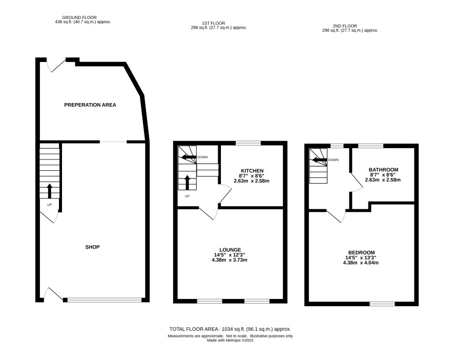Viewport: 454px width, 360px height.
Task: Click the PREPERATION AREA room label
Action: pos(90,105)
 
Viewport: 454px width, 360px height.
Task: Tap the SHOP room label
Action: pos(92,247)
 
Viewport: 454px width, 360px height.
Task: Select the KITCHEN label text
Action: pos(252,171)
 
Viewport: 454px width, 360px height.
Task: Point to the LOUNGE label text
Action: pos(230,250)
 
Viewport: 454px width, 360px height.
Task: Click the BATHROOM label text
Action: pos(383,170)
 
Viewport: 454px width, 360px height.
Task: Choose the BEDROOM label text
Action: pos(361,252)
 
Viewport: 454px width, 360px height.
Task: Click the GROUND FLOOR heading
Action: pos(79,17)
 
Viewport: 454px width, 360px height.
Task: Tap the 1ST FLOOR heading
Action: pos(213,23)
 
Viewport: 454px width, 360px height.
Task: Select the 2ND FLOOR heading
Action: pos(345,26)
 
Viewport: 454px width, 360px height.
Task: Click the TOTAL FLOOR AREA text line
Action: pos(230,329)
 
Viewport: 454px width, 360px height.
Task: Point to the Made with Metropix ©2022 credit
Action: pos(230,341)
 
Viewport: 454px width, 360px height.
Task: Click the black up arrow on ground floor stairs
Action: pos(50,191)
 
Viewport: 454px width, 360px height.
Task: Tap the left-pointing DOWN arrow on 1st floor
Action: pos(189,157)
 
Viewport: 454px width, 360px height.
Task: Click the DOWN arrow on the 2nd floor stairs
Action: pos(319,160)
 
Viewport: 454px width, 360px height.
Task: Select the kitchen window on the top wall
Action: pos(248,143)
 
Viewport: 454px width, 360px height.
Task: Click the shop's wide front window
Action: pos(105,300)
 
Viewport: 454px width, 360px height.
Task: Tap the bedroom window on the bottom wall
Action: pos(382,304)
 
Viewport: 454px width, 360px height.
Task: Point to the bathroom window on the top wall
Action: pos(371,146)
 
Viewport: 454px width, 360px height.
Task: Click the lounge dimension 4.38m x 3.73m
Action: pos(230,260)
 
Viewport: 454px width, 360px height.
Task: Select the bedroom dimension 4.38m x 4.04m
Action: pos(361,263)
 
